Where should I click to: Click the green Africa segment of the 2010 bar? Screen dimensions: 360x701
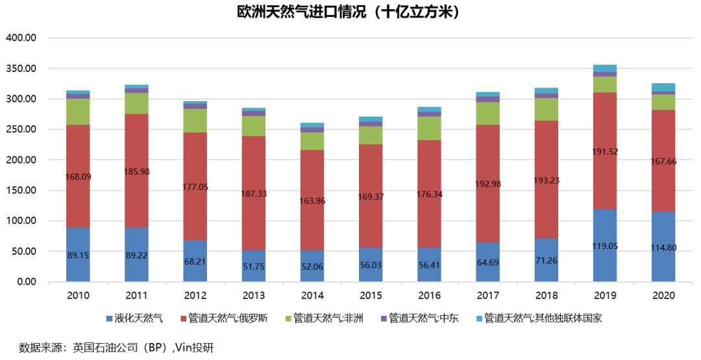78,112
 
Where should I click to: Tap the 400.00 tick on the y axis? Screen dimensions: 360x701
21,38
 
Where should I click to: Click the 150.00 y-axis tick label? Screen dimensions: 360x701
21,191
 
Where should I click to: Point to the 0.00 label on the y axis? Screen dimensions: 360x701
26,282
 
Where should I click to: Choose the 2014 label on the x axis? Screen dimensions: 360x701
312,296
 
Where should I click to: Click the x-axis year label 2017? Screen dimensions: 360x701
488,296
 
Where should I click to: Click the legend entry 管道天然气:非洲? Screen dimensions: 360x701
327,318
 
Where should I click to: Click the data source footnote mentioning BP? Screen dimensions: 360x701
116,348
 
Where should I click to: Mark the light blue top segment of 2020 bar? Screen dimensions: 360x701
663,87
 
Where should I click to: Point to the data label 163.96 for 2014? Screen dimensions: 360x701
312,200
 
